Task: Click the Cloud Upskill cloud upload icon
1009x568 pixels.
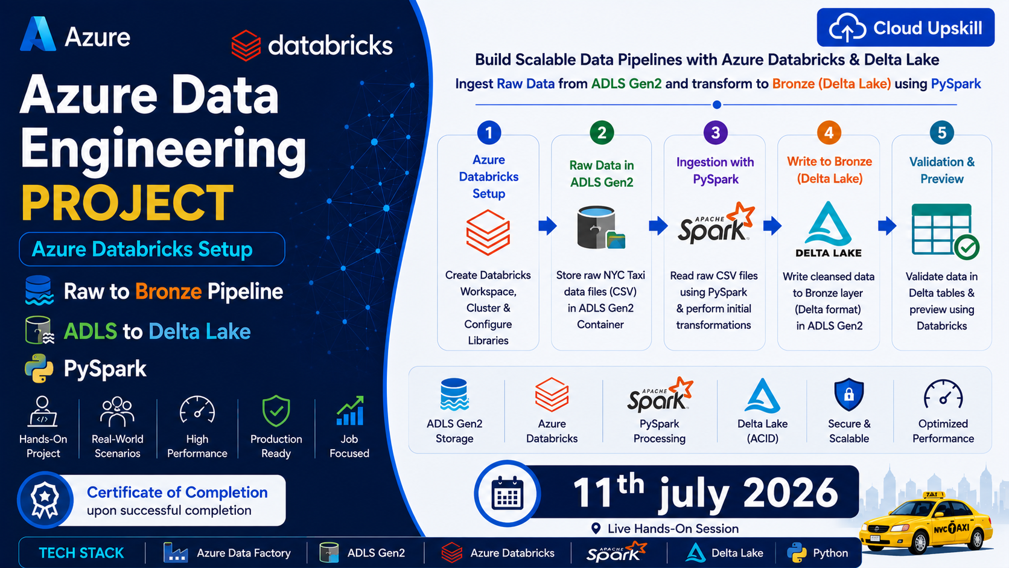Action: click(847, 28)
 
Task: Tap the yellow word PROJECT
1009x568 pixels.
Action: click(127, 203)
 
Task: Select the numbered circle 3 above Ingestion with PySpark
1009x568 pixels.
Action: click(715, 133)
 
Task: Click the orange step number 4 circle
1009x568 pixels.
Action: click(829, 133)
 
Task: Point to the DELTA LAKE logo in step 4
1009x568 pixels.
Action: click(829, 229)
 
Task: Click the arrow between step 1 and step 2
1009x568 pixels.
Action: click(548, 226)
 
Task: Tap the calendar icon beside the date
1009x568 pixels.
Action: click(507, 493)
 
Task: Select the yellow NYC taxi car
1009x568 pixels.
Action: click(926, 523)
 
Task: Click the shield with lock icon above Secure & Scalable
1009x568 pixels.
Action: click(848, 395)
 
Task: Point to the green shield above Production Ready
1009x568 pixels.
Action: click(276, 410)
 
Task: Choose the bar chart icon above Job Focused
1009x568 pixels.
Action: click(350, 410)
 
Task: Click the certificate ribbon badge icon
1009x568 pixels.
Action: click(45, 500)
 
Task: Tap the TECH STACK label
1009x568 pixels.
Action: click(81, 553)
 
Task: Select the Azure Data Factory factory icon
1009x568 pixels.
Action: click(175, 553)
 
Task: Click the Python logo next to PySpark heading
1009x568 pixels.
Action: click(39, 368)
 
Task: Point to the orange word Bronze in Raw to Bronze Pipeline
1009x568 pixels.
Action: click(168, 292)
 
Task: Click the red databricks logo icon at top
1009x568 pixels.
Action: click(246, 45)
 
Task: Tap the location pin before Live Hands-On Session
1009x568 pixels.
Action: click(596, 528)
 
